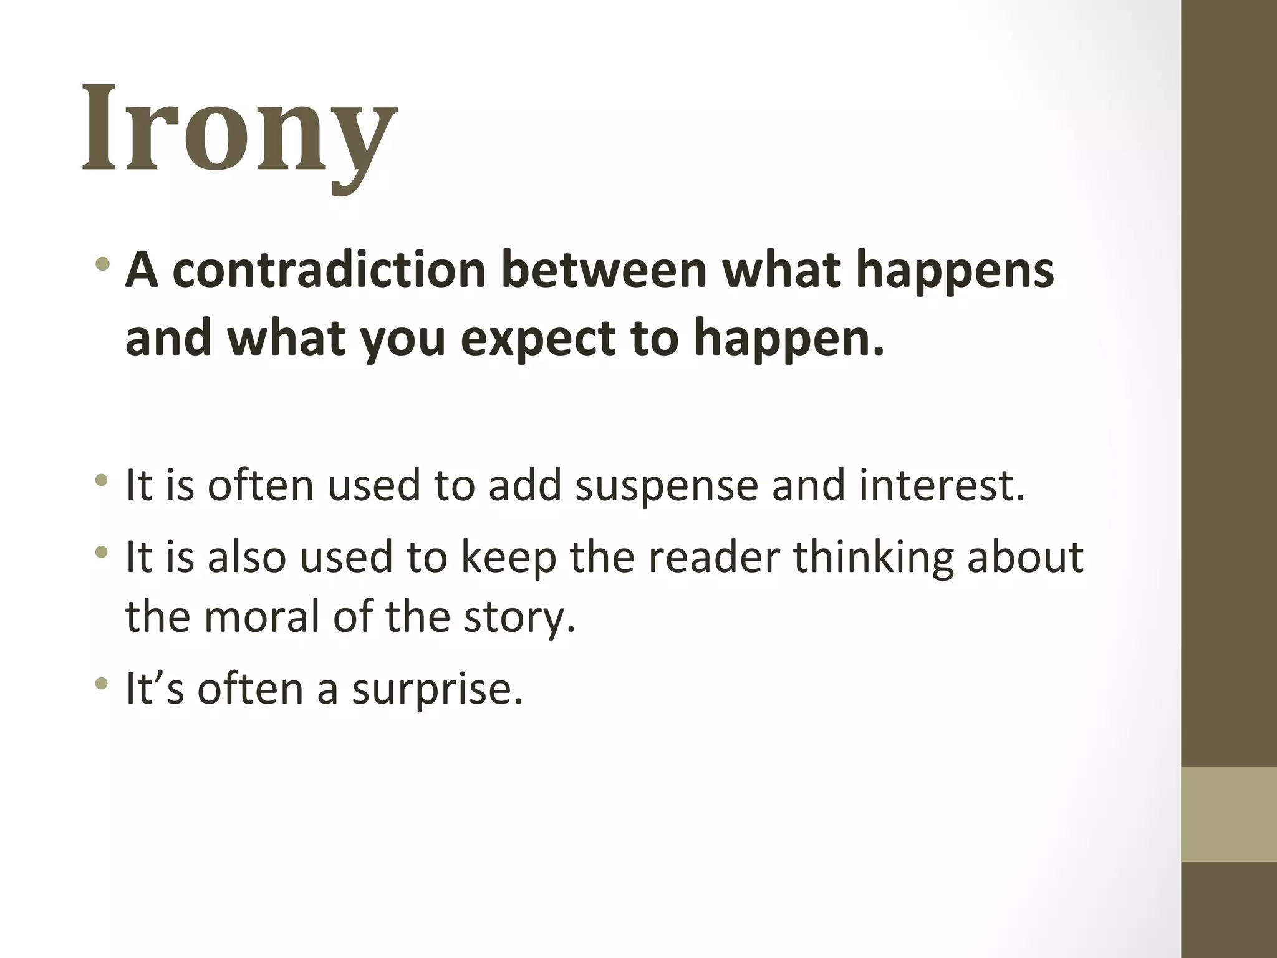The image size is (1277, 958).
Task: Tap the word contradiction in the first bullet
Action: pyautogui.click(x=329, y=270)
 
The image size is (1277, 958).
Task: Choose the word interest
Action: pyautogui.click(x=942, y=485)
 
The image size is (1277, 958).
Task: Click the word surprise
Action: pyautogui.click(x=436, y=689)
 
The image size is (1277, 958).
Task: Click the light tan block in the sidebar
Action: pyautogui.click(x=1228, y=815)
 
